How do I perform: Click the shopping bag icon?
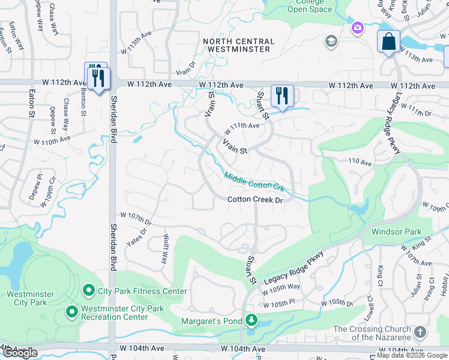tap(389, 42)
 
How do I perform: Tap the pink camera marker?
tap(358, 28)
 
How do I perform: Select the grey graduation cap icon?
tap(330, 41)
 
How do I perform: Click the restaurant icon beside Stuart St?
tap(280, 96)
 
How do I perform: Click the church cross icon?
tap(420, 332)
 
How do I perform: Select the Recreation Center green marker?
tap(71, 311)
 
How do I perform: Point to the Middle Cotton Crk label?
tap(254, 181)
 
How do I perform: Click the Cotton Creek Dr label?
tap(255, 200)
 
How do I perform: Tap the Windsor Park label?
tap(397, 232)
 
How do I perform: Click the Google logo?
tap(20, 353)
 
